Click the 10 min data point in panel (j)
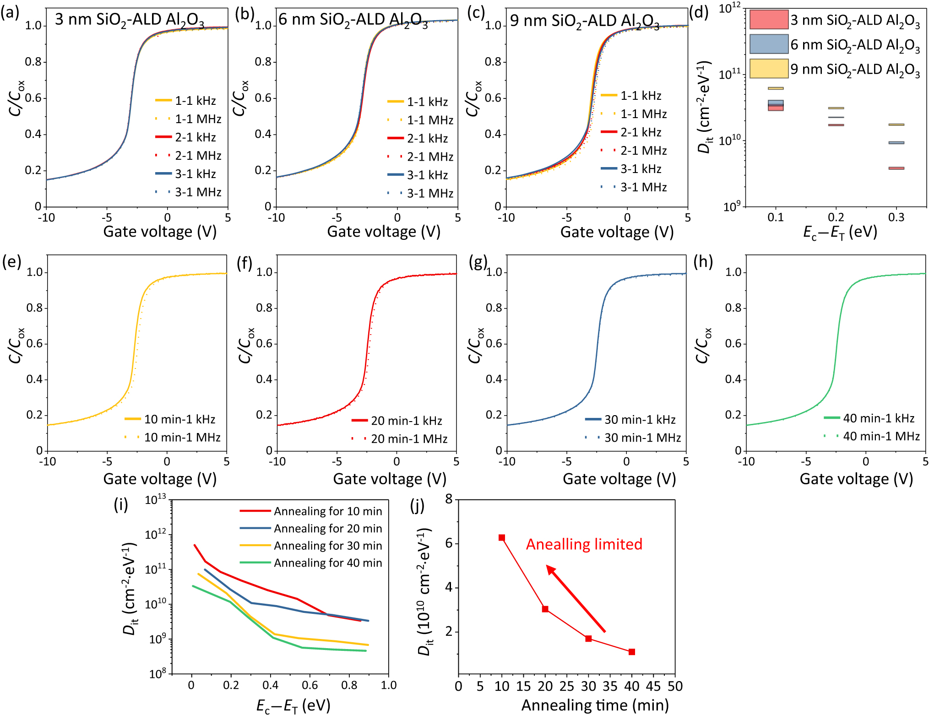coord(502,537)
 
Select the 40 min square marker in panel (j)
coord(632,652)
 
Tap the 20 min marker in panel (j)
coord(545,609)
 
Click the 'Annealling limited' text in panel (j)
coord(584,544)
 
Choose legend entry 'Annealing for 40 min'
coord(328,563)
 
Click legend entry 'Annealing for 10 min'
coord(328,511)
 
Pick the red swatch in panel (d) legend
coord(769,20)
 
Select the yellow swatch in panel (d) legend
coord(769,69)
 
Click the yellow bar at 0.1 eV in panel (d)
coord(776,88)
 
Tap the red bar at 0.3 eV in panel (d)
coord(896,168)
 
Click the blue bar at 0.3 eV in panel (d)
coord(896,143)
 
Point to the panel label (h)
coord(703,262)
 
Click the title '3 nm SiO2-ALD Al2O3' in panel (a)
coord(130,20)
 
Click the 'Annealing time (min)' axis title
coord(595,705)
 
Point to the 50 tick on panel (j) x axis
coord(675,686)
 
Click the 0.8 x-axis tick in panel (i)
coord(349,685)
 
